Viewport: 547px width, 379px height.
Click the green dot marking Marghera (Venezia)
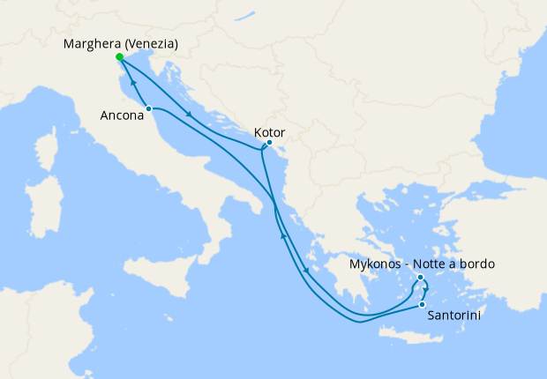tap(119, 57)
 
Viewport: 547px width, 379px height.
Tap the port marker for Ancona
tap(149, 108)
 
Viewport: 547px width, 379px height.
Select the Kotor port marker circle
tap(269, 143)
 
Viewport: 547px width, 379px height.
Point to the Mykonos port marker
tap(421, 278)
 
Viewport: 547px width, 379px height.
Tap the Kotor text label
tap(269, 132)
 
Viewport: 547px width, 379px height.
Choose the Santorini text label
tap(453, 315)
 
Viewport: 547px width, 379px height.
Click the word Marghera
tap(93, 44)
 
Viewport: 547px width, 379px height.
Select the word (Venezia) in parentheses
tap(152, 44)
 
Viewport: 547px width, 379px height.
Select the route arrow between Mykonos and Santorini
tap(424, 289)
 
